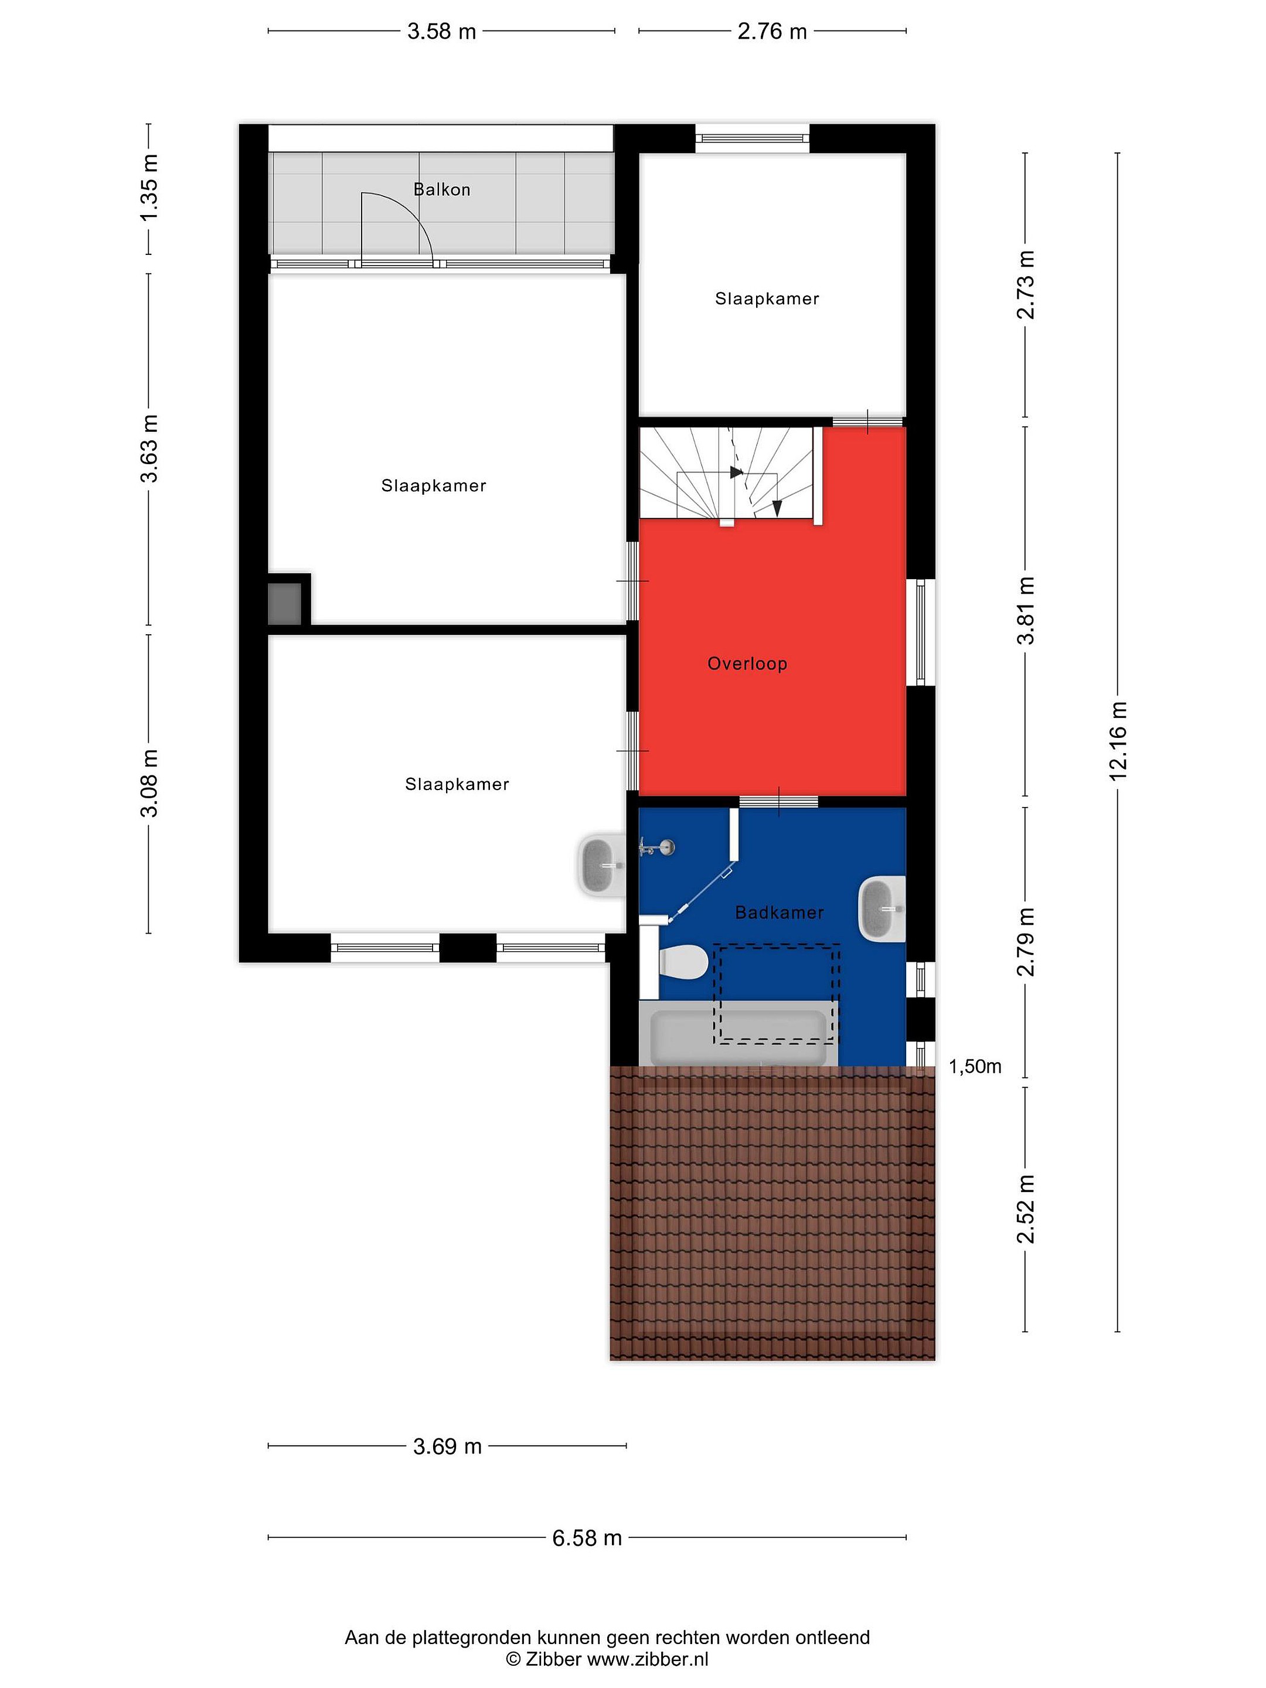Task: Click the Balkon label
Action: tap(441, 189)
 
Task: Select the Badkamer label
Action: tap(779, 912)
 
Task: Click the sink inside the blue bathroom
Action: tap(882, 908)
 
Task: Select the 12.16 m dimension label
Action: tap(1118, 740)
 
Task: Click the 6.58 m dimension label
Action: tap(587, 1538)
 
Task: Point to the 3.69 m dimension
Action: tap(447, 1445)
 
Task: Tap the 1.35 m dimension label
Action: tap(149, 188)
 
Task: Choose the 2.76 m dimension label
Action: tap(772, 31)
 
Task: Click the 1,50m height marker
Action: tap(975, 1067)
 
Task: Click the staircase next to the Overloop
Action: tap(729, 475)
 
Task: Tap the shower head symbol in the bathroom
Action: tap(656, 846)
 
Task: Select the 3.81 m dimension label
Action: tap(1026, 611)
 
